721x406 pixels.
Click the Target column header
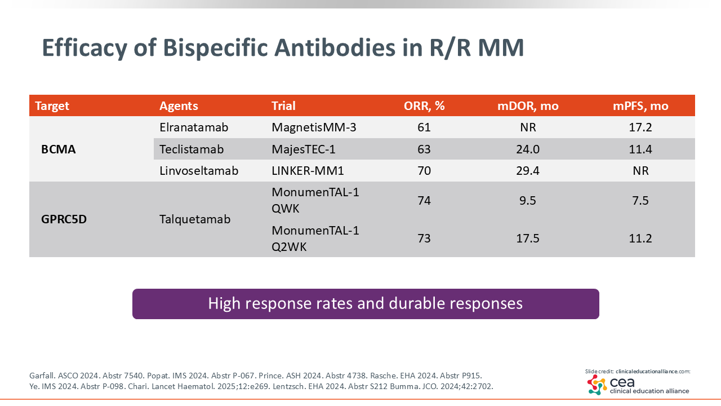pos(52,105)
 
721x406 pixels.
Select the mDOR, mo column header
pos(528,105)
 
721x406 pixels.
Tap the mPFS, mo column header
pos(640,105)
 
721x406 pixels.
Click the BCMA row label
pos(58,149)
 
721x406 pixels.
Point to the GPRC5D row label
pos(64,219)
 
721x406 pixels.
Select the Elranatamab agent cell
pos(194,127)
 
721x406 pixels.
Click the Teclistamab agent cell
pos(192,149)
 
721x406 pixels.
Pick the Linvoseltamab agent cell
pos(199,170)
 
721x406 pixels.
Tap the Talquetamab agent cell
pos(195,219)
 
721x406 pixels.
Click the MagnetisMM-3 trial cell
pos(314,127)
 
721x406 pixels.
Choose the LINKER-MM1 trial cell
pos(308,170)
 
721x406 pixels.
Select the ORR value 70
pos(424,170)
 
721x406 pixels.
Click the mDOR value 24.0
pos(528,149)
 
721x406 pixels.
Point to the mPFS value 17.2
pos(640,127)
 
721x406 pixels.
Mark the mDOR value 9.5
pos(528,200)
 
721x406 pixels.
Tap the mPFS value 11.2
pos(640,238)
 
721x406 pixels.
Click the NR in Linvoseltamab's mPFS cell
pos(640,170)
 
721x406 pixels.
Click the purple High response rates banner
pos(366,304)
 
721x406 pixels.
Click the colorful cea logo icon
pos(597,385)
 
